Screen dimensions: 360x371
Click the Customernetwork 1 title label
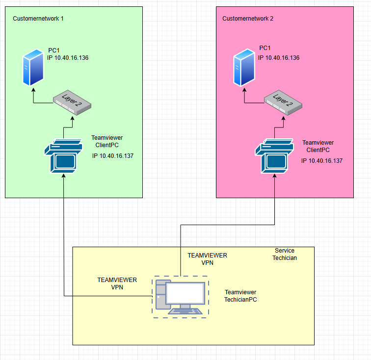click(x=38, y=19)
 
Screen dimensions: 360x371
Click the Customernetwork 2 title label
click(x=248, y=19)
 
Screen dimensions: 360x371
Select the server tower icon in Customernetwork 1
click(x=32, y=70)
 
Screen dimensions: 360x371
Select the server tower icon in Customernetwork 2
click(x=243, y=70)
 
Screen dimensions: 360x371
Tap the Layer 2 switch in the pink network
click(x=283, y=101)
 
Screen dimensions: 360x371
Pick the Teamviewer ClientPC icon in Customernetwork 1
click(x=63, y=156)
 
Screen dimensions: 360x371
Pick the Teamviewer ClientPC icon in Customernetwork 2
click(x=274, y=156)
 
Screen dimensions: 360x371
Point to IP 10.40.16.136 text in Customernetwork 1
click(x=67, y=58)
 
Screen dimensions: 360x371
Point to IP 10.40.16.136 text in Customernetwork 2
click(x=278, y=58)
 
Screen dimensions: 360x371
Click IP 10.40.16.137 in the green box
click(x=113, y=156)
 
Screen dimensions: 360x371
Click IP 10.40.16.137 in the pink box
click(x=322, y=160)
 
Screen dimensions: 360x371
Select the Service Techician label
click(x=285, y=254)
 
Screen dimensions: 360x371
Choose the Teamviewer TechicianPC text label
click(x=240, y=295)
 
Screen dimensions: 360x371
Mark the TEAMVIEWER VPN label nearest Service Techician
click(x=208, y=259)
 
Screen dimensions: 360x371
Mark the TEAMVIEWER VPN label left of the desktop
click(x=117, y=283)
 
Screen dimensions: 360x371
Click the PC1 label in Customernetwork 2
click(x=265, y=48)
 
